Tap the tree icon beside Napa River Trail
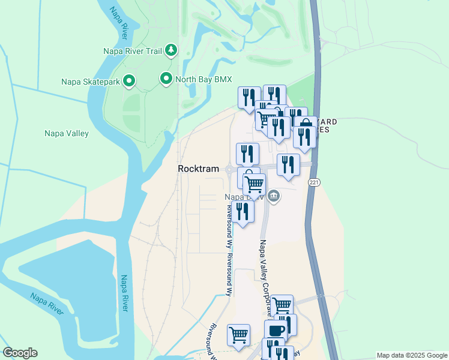click(171, 50)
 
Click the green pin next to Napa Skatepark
click(128, 81)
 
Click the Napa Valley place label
click(67, 134)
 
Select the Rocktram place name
click(198, 169)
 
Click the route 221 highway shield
click(313, 182)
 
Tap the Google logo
click(20, 353)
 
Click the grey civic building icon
click(274, 196)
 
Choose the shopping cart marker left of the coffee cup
click(239, 335)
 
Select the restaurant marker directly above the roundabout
click(247, 154)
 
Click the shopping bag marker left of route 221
click(305, 127)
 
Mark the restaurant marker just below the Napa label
click(243, 211)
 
